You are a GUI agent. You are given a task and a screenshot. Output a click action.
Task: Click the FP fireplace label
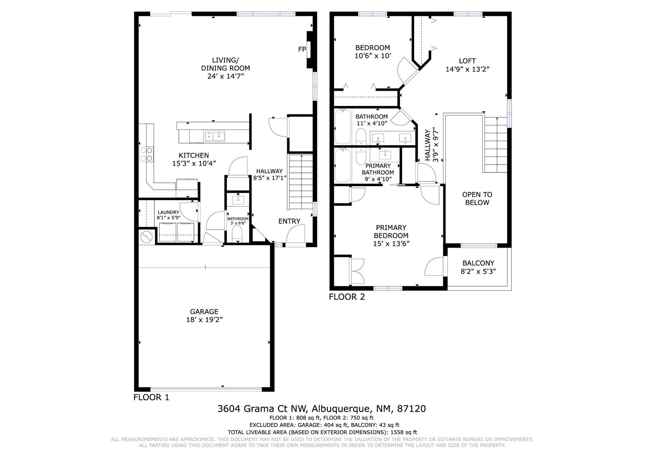[x=302, y=49]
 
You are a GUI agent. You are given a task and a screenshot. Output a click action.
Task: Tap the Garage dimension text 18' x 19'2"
[x=204, y=320]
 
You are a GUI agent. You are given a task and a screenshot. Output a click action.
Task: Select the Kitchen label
[x=194, y=155]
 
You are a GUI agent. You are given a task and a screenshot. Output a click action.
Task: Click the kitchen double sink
[x=215, y=136]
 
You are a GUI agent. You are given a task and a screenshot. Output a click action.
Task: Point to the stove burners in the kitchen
[x=146, y=154]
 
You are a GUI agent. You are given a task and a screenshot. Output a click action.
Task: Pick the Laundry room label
[x=168, y=212]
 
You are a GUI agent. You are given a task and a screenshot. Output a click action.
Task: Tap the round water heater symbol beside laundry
[x=146, y=237]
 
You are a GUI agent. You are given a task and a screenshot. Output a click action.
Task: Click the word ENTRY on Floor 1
[x=289, y=221]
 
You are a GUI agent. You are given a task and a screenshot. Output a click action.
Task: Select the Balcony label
[x=478, y=263]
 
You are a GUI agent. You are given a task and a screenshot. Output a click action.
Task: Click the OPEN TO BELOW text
[x=477, y=198]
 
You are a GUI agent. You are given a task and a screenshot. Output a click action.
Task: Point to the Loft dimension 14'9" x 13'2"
[x=467, y=69]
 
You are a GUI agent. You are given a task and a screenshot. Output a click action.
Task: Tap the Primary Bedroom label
[x=391, y=231]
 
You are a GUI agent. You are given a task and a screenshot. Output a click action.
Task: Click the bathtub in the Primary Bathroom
[x=343, y=165]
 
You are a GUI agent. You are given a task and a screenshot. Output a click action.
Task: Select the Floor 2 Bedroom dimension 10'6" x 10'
[x=373, y=56]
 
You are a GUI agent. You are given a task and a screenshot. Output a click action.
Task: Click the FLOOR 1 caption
[x=151, y=397]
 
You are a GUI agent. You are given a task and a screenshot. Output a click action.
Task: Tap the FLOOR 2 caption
[x=347, y=297]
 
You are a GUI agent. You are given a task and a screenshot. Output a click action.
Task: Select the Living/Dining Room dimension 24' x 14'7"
[x=226, y=76]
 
